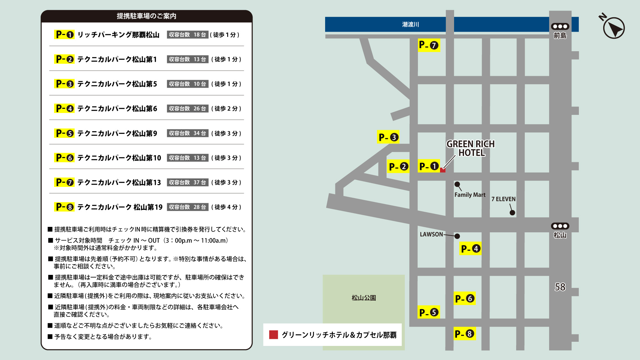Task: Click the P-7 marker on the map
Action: (x=429, y=45)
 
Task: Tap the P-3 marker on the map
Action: (x=388, y=137)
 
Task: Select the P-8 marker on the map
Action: (x=465, y=334)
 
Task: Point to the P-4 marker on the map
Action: (x=470, y=249)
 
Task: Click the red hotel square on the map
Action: (x=443, y=170)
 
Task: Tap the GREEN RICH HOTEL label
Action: (x=471, y=148)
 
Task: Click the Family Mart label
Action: (x=470, y=195)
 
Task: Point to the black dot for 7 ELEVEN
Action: (x=512, y=213)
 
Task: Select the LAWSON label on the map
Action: (x=431, y=235)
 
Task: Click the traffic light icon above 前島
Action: (x=560, y=27)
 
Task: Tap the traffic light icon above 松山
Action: (x=560, y=226)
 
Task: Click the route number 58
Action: (x=560, y=287)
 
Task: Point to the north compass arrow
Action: (x=614, y=28)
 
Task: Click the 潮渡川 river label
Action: (x=411, y=24)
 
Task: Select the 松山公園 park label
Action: (x=364, y=298)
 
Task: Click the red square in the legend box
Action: (x=274, y=335)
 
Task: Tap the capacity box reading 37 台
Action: (x=188, y=182)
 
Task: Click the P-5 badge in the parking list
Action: (x=65, y=133)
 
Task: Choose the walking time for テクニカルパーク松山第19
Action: (x=226, y=207)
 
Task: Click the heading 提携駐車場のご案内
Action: (x=147, y=16)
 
